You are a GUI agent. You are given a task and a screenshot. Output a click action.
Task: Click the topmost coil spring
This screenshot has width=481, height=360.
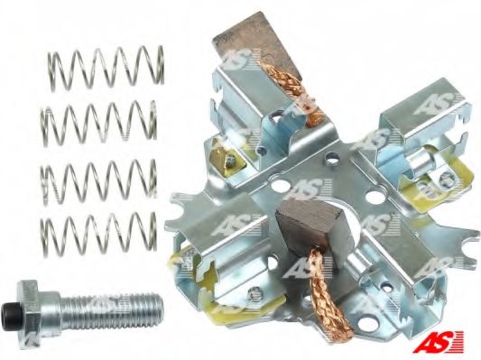tap(106, 69)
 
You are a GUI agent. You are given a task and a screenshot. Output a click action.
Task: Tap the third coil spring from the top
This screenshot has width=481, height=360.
tap(98, 181)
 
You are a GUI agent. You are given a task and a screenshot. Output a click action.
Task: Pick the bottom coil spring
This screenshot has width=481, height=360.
tap(98, 235)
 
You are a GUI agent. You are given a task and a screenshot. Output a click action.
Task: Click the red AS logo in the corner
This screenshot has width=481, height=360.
tap(438, 342)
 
